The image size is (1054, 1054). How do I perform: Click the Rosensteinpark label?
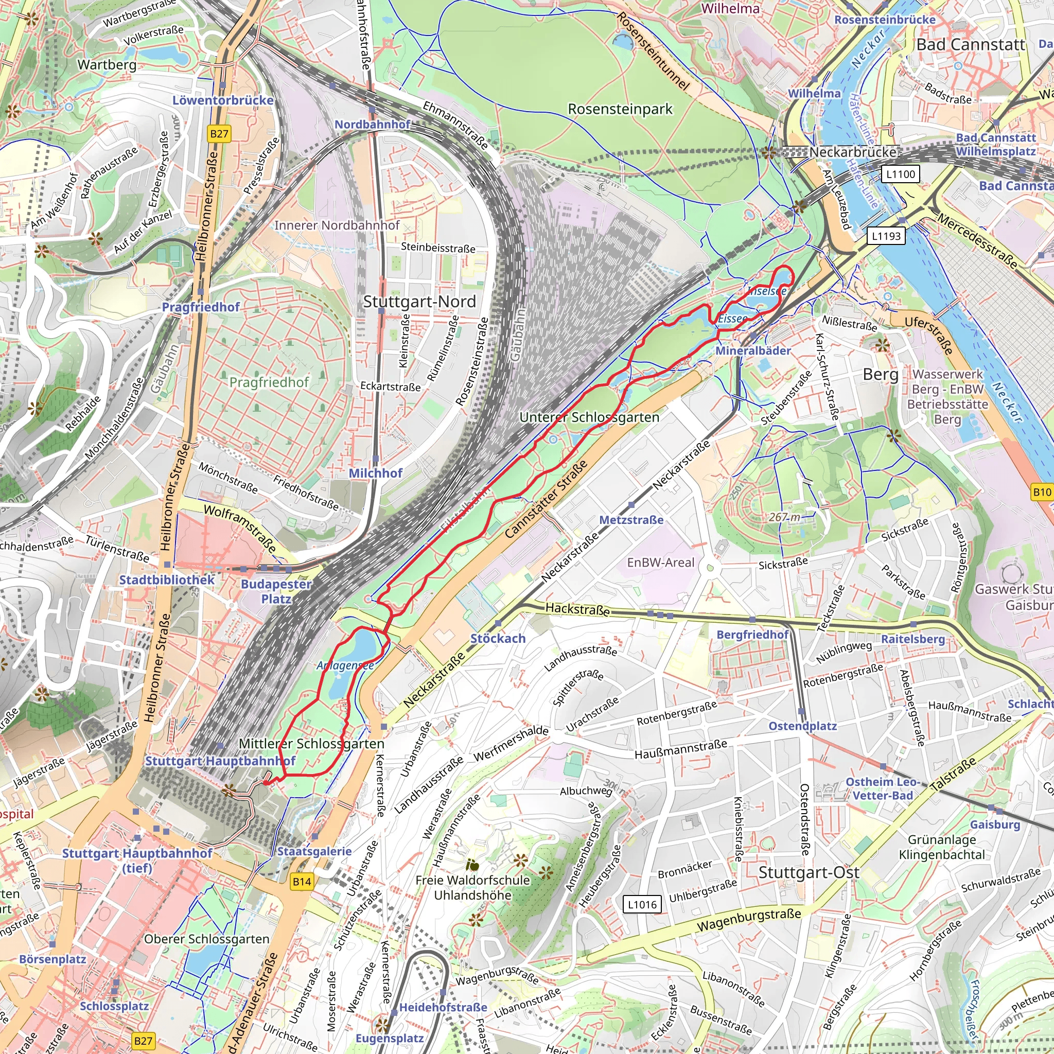click(620, 109)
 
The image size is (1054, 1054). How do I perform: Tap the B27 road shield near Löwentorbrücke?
click(219, 134)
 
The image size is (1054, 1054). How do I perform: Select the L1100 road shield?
click(900, 174)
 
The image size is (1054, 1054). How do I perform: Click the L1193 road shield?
click(886, 236)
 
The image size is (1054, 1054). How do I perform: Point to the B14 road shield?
click(302, 882)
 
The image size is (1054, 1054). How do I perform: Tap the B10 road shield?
click(1042, 491)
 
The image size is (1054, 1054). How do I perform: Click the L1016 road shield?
click(642, 905)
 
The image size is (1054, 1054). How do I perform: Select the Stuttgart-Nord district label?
click(419, 301)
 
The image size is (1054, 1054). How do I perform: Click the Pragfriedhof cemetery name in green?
click(269, 382)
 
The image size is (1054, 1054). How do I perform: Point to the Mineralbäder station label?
click(753, 351)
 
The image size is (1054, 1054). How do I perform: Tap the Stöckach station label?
click(498, 638)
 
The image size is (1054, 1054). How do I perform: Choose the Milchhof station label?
click(375, 473)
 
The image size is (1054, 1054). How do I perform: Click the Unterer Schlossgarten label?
click(589, 417)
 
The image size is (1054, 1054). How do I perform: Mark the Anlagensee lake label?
click(345, 665)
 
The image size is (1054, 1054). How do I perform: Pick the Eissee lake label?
click(733, 319)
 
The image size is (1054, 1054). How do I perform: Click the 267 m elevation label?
click(784, 517)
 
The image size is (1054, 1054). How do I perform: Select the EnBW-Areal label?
click(661, 563)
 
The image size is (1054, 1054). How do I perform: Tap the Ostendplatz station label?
click(802, 726)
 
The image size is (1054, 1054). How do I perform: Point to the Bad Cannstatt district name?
click(971, 45)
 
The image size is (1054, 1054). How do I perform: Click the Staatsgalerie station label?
click(314, 851)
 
